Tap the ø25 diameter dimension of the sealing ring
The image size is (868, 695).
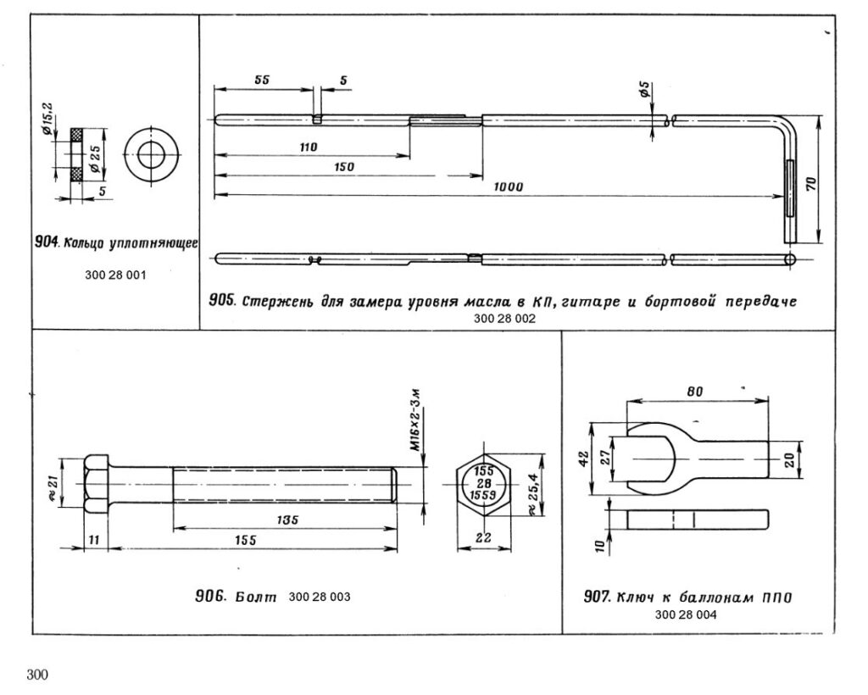pos(93,153)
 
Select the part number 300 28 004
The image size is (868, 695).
pos(686,616)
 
